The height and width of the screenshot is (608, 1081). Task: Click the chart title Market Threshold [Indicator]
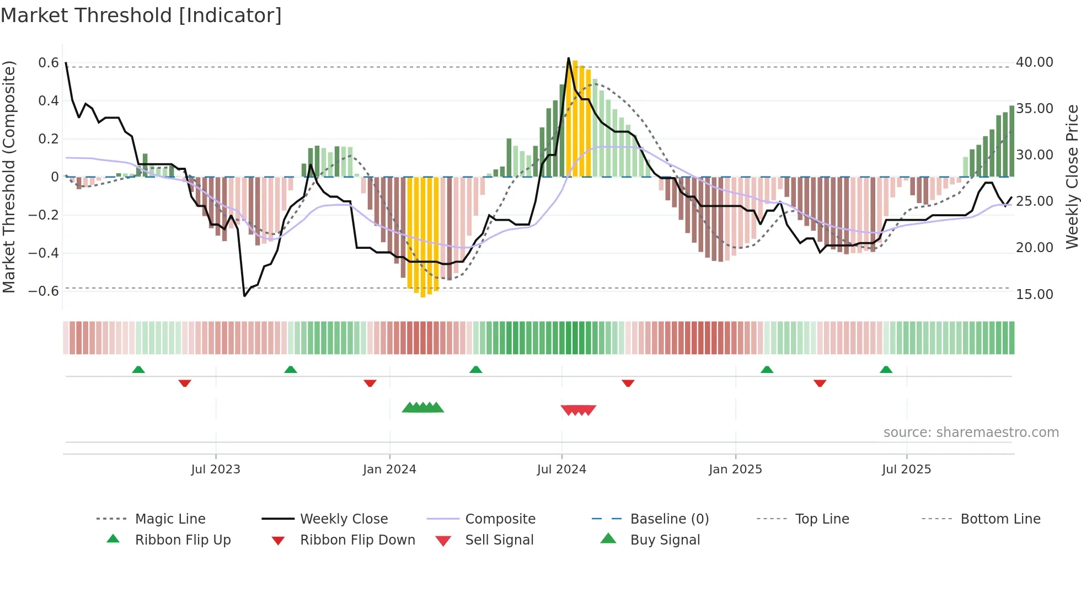(x=141, y=15)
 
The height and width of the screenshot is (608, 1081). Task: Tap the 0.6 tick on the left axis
(x=49, y=63)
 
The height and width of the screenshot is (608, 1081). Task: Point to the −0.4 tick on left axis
(x=44, y=253)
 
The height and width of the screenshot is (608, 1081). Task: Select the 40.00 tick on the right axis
(x=1034, y=62)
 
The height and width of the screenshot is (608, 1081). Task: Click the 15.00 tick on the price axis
(x=1034, y=294)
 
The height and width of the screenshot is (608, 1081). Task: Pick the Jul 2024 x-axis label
(x=561, y=470)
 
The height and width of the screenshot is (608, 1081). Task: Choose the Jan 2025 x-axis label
(x=735, y=470)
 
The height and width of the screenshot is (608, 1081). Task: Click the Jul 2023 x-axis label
(x=216, y=470)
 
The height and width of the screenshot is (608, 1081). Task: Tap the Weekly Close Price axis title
(x=1072, y=177)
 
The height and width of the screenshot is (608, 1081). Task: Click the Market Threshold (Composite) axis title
(x=9, y=177)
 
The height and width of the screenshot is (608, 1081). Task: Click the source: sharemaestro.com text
(x=971, y=433)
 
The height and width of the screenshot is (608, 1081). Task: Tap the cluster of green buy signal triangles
(x=423, y=408)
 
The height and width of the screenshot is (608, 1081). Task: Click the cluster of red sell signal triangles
(x=578, y=410)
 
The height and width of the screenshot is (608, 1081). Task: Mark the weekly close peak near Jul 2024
(x=569, y=58)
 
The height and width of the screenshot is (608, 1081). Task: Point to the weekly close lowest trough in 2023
(x=244, y=296)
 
